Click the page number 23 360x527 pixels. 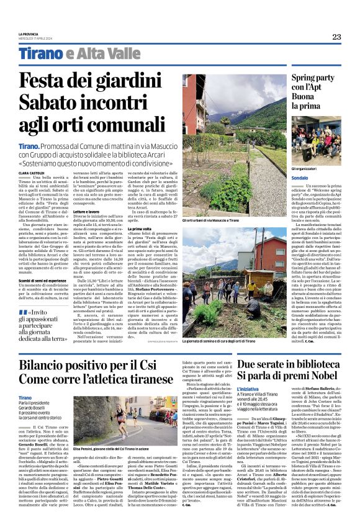click(x=336, y=37)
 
